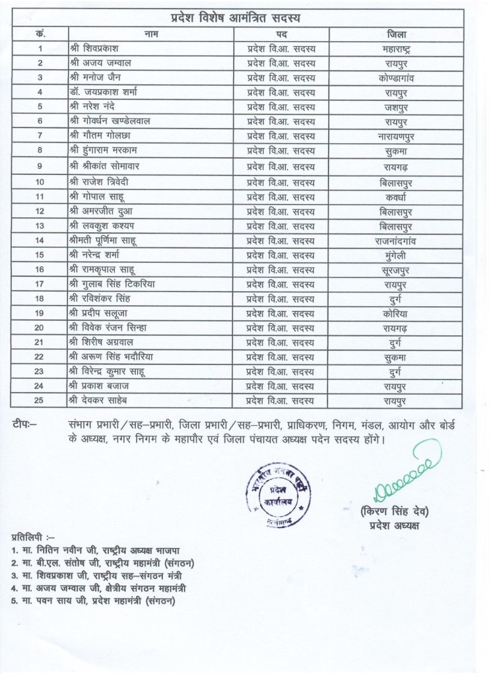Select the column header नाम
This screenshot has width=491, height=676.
150,33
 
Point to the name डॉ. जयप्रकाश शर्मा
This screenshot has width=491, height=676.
108,92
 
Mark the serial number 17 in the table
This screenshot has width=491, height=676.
40,284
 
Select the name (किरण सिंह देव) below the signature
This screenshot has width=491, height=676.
395,512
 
